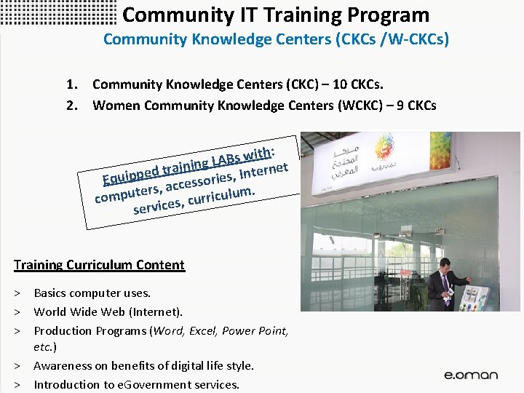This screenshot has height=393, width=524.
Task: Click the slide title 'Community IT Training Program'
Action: click(x=276, y=15)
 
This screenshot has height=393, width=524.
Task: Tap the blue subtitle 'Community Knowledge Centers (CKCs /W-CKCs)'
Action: click(x=276, y=39)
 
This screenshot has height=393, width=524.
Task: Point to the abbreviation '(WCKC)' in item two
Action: click(x=360, y=106)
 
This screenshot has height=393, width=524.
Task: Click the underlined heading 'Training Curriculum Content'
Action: click(x=99, y=265)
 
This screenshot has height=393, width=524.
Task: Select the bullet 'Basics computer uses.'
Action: click(x=92, y=293)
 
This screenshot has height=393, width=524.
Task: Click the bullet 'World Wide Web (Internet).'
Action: click(x=108, y=312)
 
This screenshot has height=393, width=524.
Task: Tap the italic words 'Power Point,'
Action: click(x=255, y=330)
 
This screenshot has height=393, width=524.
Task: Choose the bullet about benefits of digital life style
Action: click(x=143, y=366)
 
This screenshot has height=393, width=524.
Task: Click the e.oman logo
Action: click(x=471, y=375)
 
